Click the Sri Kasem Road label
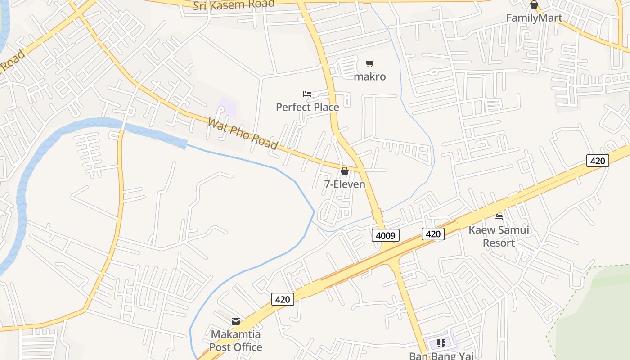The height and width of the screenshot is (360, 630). pos(234,5)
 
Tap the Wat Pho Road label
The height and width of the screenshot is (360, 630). pos(243,133)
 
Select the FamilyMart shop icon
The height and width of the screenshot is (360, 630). pos(534,5)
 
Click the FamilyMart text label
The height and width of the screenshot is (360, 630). pos(534,18)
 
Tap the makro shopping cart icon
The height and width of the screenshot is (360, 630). pos(370,64)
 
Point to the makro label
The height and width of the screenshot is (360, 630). pos(370,76)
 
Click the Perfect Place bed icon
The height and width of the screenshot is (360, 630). pos(307,94)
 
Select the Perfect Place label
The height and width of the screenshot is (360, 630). pos(307,107)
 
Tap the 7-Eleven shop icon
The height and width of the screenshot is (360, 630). pos(345,171)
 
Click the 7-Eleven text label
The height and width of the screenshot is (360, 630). pos(345,184)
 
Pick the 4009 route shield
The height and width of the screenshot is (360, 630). pos(386,235)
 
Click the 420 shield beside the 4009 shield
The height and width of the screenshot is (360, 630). pos(433,234)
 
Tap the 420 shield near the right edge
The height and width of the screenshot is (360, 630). pos(598,161)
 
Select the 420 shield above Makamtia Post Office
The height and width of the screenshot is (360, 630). pos(283,299)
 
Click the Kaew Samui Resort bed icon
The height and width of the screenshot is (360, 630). pos(499,217)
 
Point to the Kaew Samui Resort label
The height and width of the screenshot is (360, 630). pos(499,236)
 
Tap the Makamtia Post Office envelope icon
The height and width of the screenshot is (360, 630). pos(236,321)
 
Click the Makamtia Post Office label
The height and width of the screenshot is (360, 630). pos(236,341)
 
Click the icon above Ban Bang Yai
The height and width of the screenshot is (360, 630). pos(441,343)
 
